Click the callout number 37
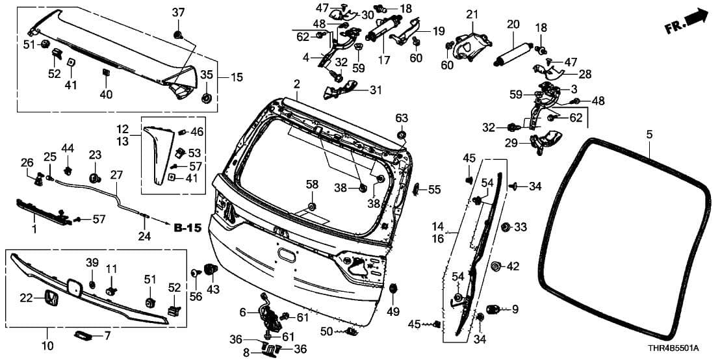[x=178, y=13]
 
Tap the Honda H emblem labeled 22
[x=49, y=298]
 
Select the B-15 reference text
[x=188, y=227]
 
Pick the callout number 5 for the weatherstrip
[x=649, y=135]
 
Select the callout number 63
[x=402, y=118]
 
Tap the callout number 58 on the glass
[x=313, y=185]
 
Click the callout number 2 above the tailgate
[x=296, y=84]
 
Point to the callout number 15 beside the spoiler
[x=236, y=77]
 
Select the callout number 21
[x=472, y=14]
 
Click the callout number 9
[x=515, y=309]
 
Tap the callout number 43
[x=213, y=289]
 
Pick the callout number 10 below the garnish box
[x=47, y=346]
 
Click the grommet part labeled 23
[x=94, y=177]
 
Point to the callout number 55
[x=434, y=190]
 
